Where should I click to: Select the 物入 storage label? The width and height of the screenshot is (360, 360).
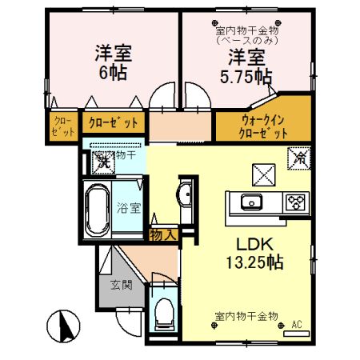pyautogui.click(x=162, y=234)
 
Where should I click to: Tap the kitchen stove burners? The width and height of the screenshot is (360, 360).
pyautogui.click(x=294, y=202)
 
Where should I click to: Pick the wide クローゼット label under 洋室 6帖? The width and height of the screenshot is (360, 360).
pyautogui.click(x=112, y=124)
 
